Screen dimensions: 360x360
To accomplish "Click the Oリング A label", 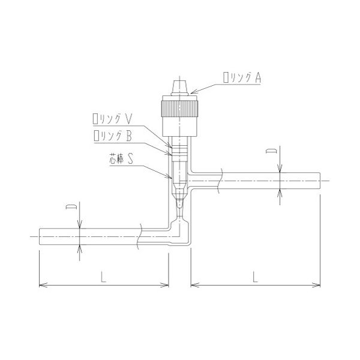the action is [242, 77].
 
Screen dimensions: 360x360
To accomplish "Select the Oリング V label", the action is [113, 119].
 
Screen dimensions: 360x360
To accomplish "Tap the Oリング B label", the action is [113, 136].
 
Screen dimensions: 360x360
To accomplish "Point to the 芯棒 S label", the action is [121, 159].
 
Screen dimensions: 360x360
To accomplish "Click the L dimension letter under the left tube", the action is [103, 277].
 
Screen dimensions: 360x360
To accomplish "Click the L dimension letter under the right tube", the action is [256, 277].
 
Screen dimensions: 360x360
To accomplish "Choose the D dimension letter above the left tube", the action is [71, 206].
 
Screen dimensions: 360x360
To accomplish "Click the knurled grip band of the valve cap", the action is [179, 109].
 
